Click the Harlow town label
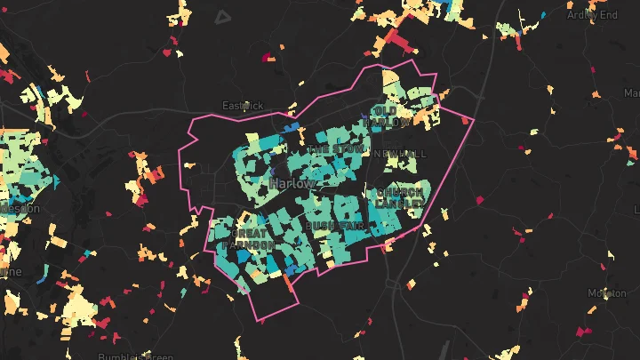pyautogui.click(x=292, y=183)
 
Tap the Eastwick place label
pyautogui.click(x=242, y=105)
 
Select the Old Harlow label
pyautogui.click(x=391, y=116)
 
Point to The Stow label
pyautogui.click(x=334, y=151)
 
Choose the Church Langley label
pyautogui.click(x=399, y=197)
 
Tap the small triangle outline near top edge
pyautogui.click(x=222, y=15)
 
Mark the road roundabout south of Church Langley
pyautogui.click(x=392, y=284)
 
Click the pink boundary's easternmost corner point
pyautogui.click(x=474, y=119)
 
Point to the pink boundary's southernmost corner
pyautogui.click(x=258, y=321)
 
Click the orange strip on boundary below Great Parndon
pyautogui.click(x=288, y=286)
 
